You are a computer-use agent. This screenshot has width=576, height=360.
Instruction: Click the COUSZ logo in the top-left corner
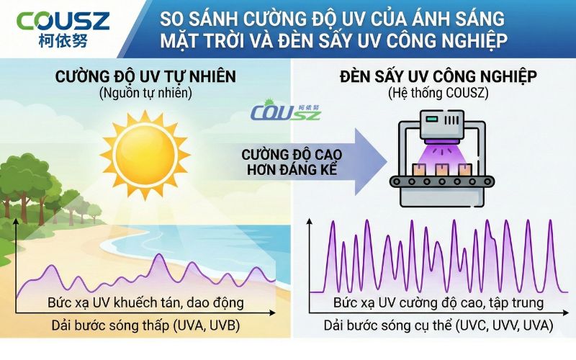[64, 20]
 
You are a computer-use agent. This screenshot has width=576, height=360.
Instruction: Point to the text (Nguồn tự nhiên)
[147, 94]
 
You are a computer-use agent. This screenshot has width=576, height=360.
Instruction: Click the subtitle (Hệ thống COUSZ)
[439, 94]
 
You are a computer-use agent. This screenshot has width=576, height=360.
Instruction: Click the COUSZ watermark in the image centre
[286, 113]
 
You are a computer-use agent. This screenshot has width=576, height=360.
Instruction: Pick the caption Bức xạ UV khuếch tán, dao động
[145, 301]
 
